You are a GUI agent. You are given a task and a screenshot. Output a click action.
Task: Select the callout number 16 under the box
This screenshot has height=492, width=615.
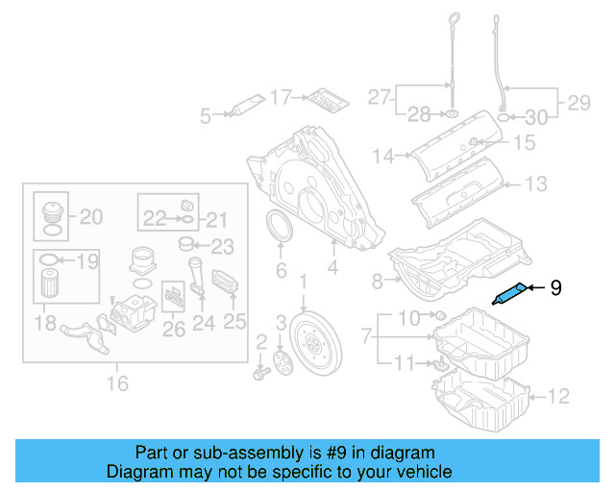[118, 385]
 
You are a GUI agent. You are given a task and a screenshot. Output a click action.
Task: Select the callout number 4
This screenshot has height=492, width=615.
[332, 268]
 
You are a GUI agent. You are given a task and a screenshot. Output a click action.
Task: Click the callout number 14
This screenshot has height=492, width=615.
[384, 155]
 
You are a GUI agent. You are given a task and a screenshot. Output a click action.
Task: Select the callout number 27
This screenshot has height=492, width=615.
[380, 97]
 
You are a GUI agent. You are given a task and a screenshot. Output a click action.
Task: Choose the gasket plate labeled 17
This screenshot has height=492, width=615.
[323, 99]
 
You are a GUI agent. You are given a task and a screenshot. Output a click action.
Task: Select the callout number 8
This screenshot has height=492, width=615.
[378, 281]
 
